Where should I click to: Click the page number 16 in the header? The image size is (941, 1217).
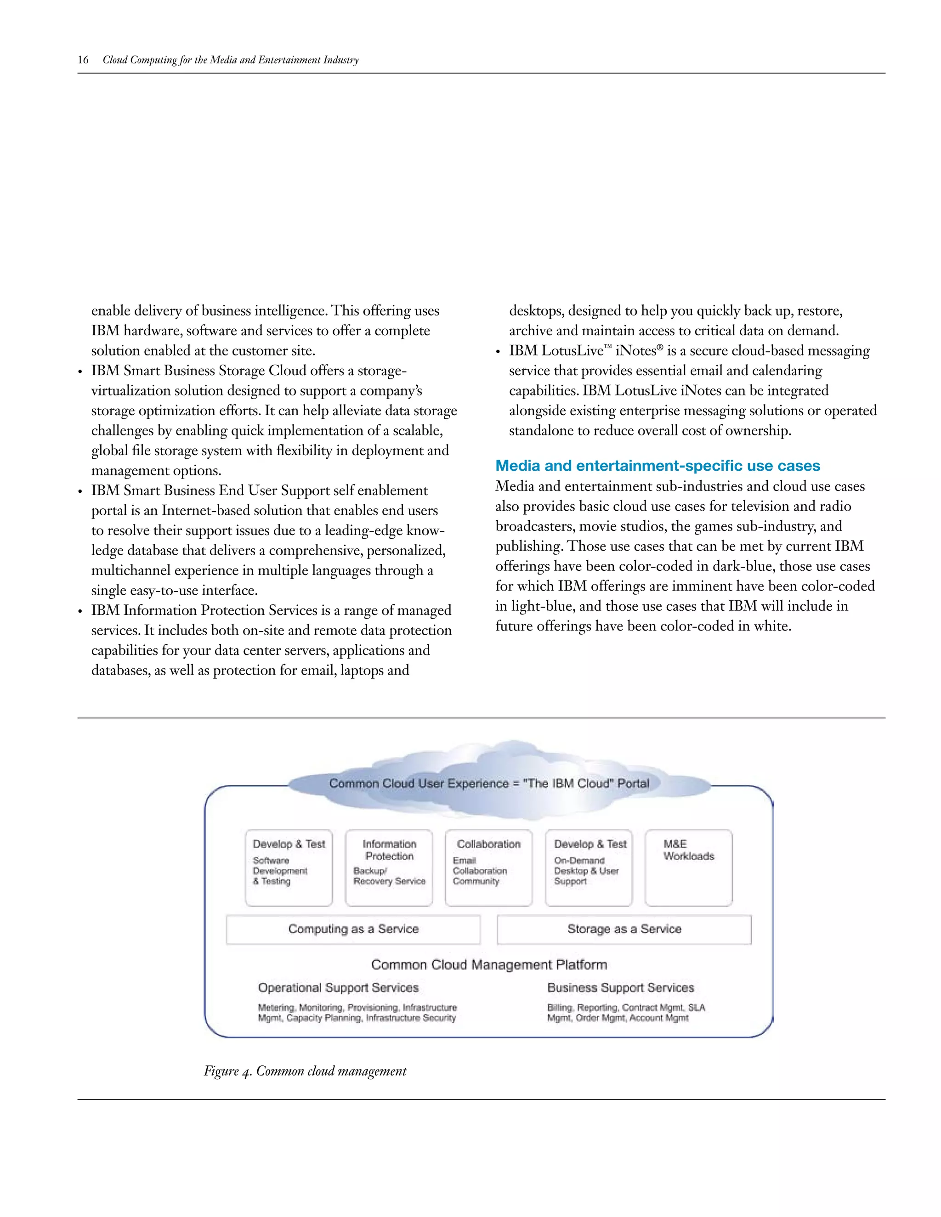(x=83, y=60)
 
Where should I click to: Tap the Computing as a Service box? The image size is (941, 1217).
(x=353, y=929)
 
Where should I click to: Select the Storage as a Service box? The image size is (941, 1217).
(x=624, y=929)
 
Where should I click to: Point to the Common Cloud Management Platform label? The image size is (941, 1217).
(x=489, y=964)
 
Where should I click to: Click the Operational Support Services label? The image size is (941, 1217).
(x=338, y=987)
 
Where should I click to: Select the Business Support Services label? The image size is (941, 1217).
(x=620, y=987)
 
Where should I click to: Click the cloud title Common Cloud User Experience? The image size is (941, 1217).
(x=489, y=783)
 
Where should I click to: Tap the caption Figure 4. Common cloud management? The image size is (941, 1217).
(x=305, y=1071)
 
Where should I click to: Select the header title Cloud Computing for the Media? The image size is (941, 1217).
(x=230, y=60)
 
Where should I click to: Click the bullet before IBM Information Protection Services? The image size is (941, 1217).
(x=81, y=612)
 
